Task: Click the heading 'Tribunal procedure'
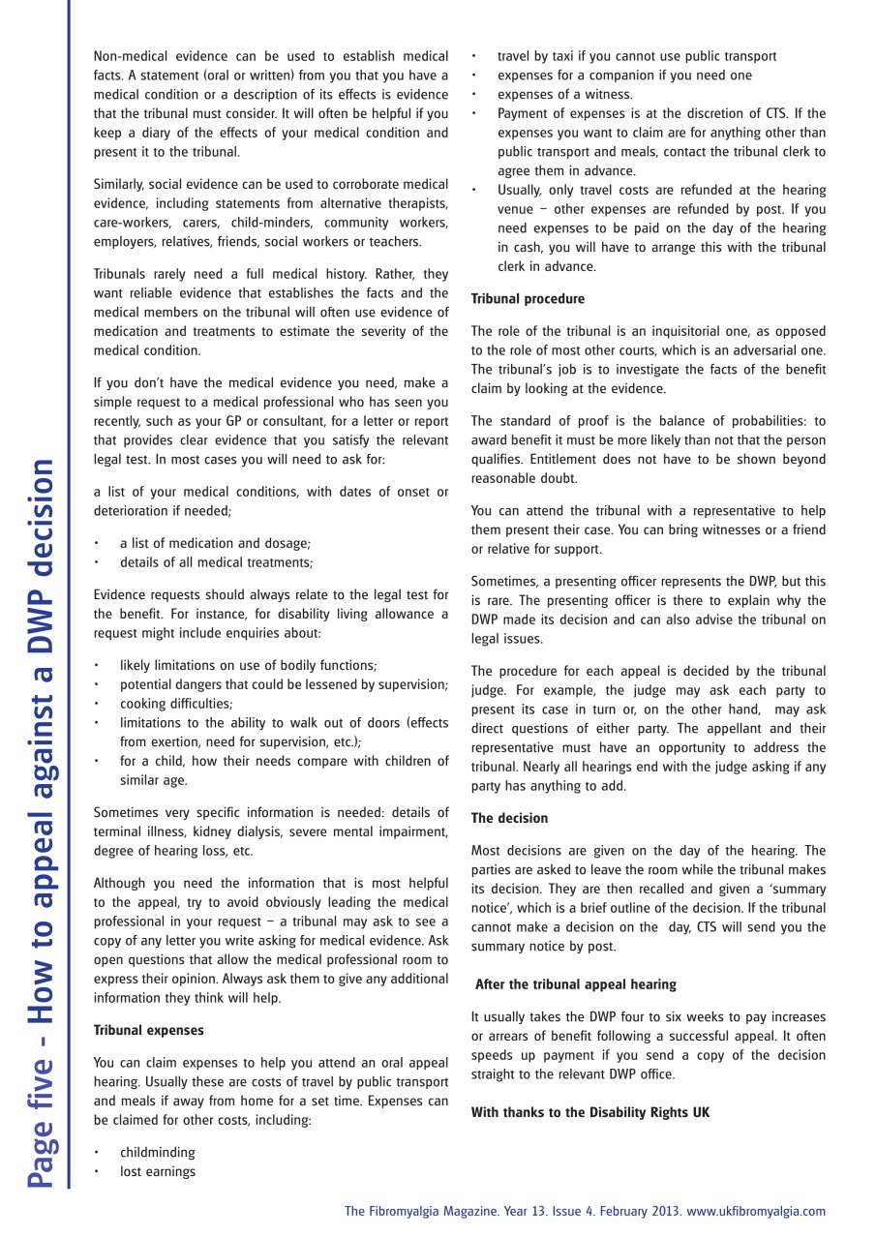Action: tap(528, 299)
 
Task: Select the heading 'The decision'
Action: tap(509, 818)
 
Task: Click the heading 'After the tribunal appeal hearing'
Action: tap(575, 984)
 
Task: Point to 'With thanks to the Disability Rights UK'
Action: tap(589, 1112)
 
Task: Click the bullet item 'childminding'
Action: tap(157, 1152)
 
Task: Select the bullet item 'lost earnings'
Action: tap(157, 1171)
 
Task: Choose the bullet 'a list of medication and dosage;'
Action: tap(215, 543)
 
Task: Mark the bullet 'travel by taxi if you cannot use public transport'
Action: tap(636, 56)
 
